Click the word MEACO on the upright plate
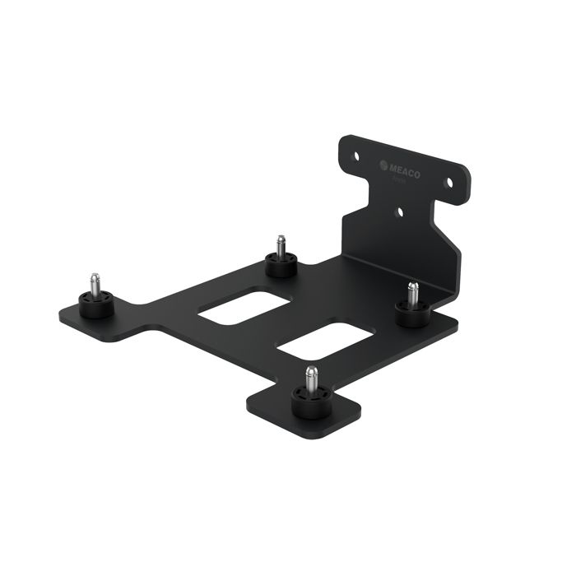(x=406, y=168)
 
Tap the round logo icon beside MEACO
(x=383, y=165)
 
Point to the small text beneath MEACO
(x=402, y=179)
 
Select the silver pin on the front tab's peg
(x=310, y=379)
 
